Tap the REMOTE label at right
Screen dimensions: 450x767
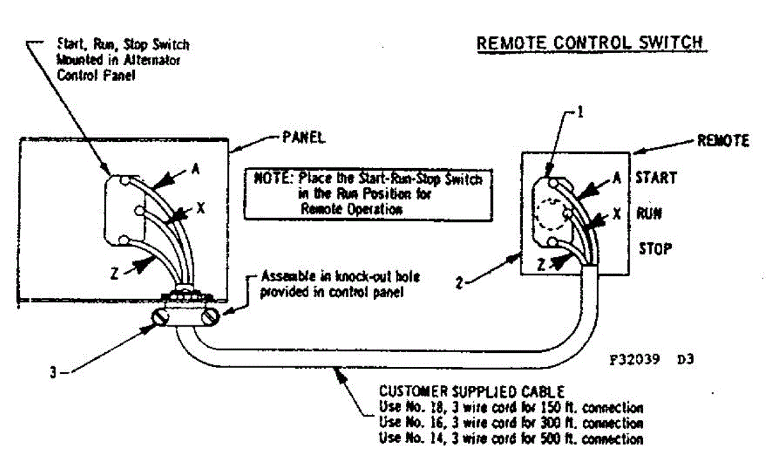[723, 142]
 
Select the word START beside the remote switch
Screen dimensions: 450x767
[656, 178]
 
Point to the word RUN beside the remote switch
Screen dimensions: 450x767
[649, 213]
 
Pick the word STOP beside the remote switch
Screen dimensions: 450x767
[655, 248]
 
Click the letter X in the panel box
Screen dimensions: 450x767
[199, 207]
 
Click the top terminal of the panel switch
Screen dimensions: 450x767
[128, 181]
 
